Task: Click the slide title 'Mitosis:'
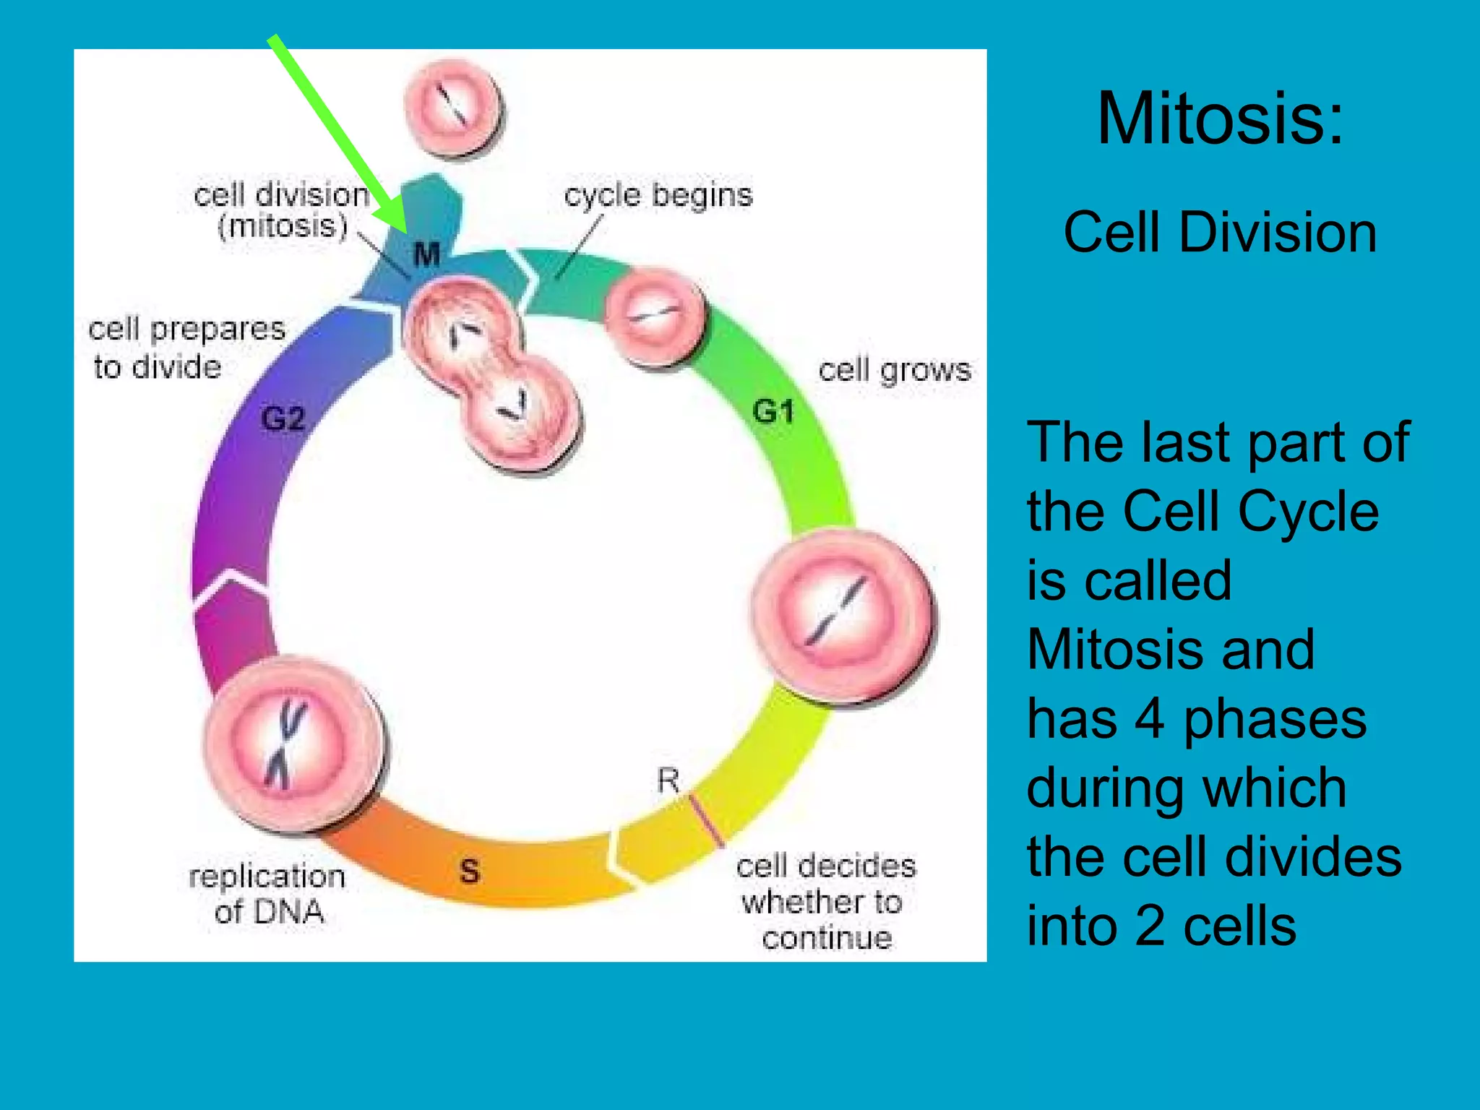click(1220, 119)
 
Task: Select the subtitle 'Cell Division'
click(1220, 233)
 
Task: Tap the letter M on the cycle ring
click(426, 254)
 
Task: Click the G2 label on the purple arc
click(283, 418)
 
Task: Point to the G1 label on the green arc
click(773, 411)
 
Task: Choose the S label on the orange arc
click(470, 870)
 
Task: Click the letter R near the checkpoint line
click(668, 780)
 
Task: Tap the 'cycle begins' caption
click(658, 195)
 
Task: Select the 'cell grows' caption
click(895, 370)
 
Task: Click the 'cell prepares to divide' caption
click(186, 348)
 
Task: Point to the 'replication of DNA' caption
click(268, 893)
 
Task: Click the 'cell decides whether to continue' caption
click(826, 901)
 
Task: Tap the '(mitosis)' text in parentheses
click(283, 226)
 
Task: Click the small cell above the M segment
click(453, 108)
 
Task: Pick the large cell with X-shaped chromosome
click(293, 744)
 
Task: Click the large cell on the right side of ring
click(842, 617)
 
